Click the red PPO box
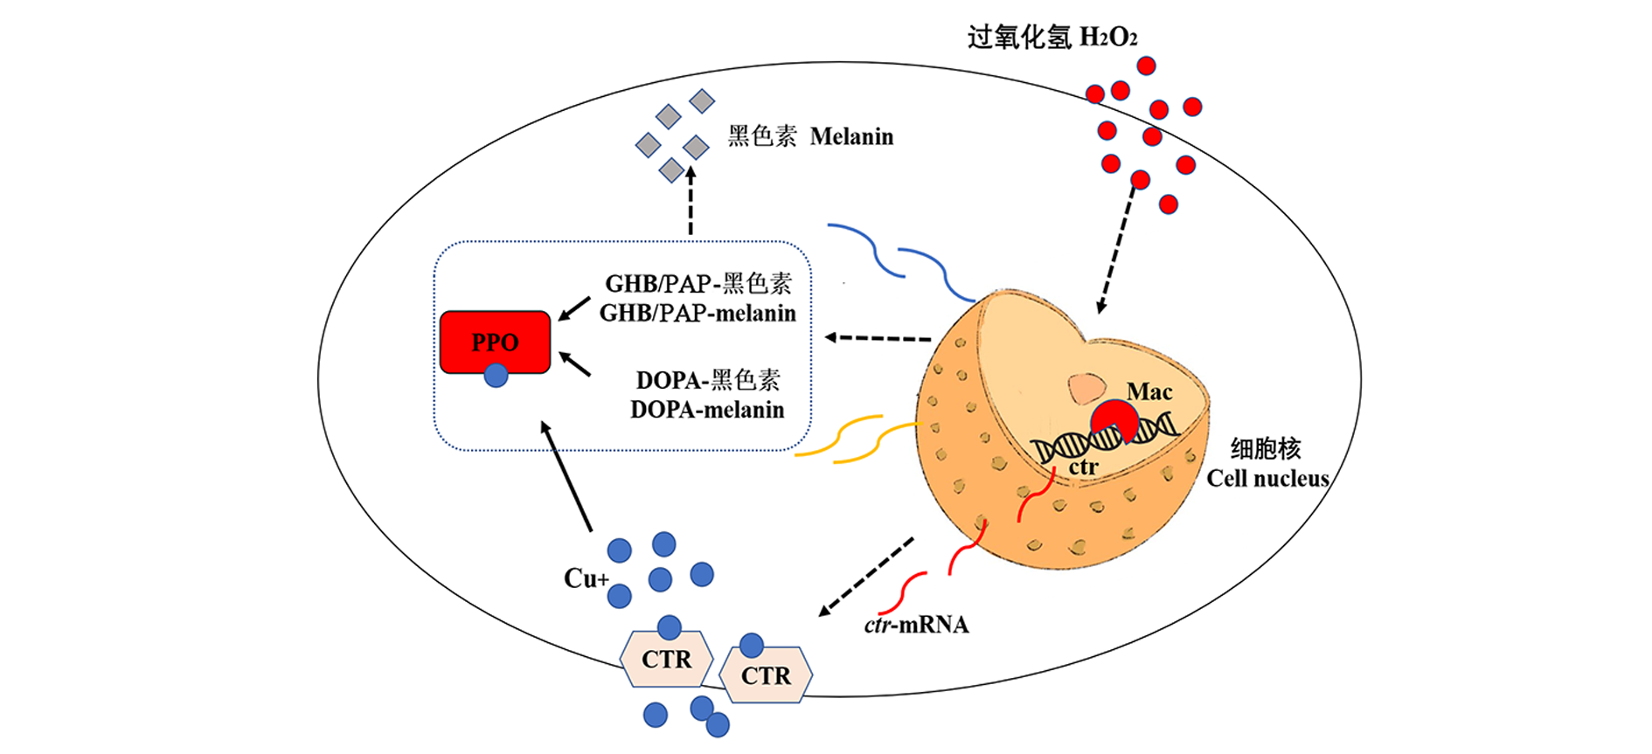[495, 342]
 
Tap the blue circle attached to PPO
[496, 376]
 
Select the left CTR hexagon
[666, 659]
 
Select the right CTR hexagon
[766, 675]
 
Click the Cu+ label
[585, 578]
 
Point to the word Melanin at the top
[851, 137]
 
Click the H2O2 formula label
[1108, 38]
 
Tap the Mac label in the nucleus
[1149, 391]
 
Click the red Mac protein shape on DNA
[1114, 420]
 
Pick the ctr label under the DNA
[1083, 467]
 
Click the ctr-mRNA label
[916, 625]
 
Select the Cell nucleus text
[1267, 479]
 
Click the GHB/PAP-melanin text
[698, 313]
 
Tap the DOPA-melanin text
[707, 410]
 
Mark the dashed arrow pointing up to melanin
[691, 201]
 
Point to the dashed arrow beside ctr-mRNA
[866, 577]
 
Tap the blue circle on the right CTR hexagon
[751, 646]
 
